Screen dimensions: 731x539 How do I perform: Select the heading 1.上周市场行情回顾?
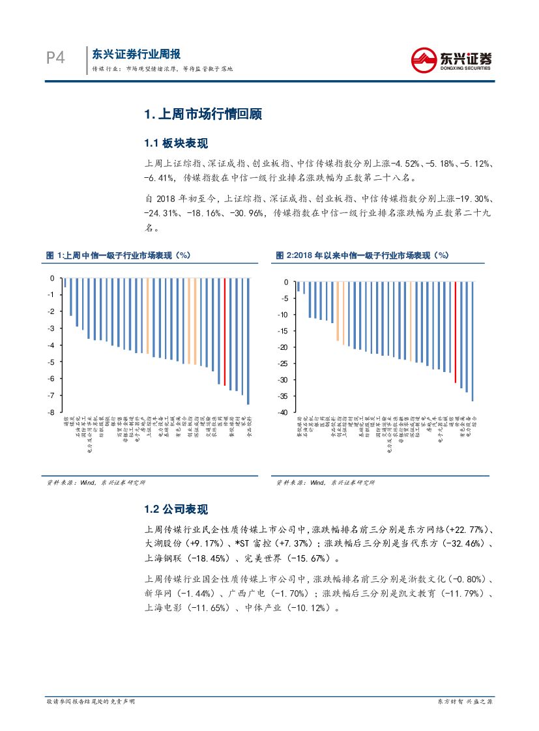(x=203, y=115)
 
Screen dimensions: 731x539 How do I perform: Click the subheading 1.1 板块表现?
(x=176, y=143)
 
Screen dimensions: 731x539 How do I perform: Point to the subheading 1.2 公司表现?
(x=176, y=509)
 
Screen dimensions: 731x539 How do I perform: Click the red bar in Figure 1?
(x=225, y=332)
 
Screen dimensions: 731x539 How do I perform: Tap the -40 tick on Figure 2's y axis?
(x=283, y=412)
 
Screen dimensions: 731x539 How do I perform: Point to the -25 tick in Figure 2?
(x=283, y=364)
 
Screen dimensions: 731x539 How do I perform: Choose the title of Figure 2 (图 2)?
(x=362, y=255)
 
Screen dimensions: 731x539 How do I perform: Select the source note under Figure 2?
(x=327, y=483)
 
